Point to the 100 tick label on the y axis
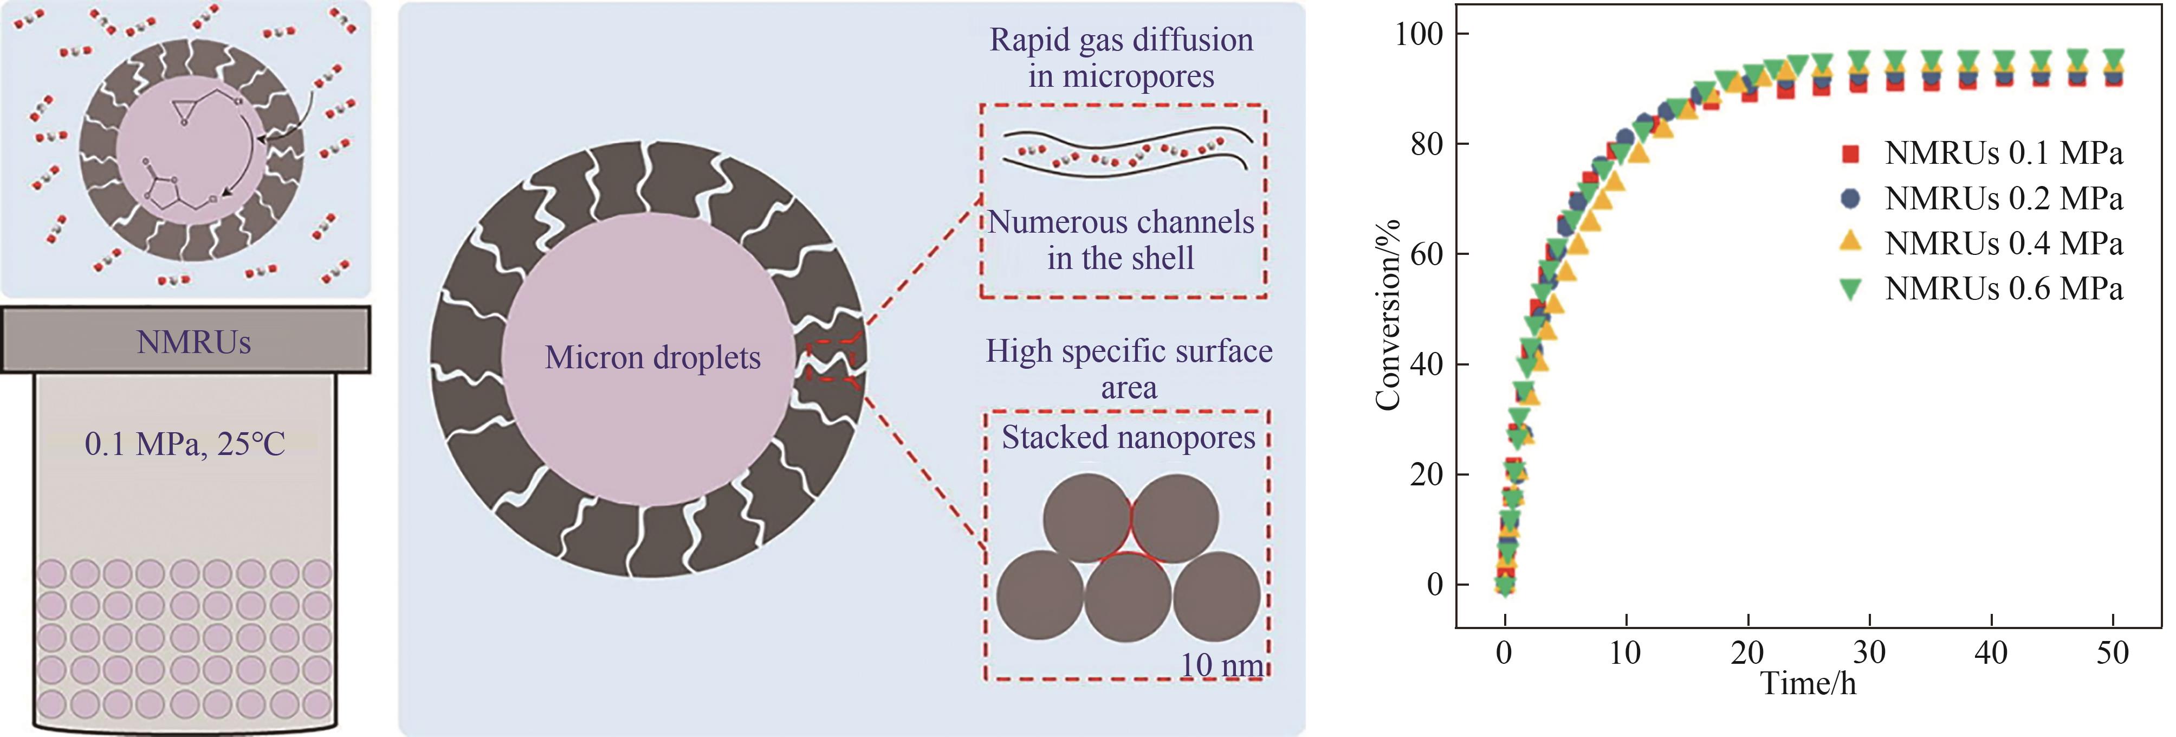point(1419,34)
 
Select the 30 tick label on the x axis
point(1869,652)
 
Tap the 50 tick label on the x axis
point(2113,652)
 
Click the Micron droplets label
point(653,357)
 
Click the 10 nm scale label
point(1221,665)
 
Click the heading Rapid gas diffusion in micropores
point(1121,57)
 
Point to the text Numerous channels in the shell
point(1121,240)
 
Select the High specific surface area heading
point(1129,369)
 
